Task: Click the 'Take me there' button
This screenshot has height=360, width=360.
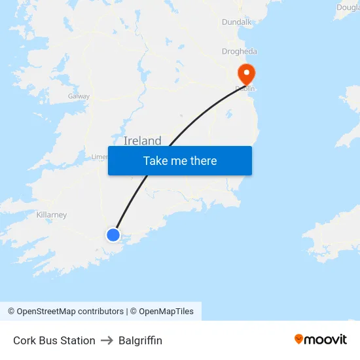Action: point(179,161)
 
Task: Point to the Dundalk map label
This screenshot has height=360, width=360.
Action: point(236,22)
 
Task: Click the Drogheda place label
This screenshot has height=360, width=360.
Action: point(240,51)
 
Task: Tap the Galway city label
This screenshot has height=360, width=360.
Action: point(79,96)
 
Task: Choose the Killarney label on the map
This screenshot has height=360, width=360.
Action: point(52,215)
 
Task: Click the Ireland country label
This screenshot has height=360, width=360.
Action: point(142,141)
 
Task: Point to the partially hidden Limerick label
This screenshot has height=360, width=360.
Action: point(99,157)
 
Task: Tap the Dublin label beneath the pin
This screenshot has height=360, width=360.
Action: point(245,88)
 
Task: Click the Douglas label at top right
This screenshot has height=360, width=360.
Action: point(348,7)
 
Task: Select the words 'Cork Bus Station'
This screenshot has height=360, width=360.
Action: point(54,340)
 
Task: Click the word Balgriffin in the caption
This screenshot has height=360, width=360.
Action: point(140,340)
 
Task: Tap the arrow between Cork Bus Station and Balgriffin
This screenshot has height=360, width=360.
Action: point(107,340)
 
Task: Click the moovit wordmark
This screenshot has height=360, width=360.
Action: point(326,340)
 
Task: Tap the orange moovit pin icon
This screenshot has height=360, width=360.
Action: point(299,339)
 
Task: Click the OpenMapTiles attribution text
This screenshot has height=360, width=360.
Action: point(166,312)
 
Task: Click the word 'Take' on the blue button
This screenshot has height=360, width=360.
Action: point(155,161)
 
